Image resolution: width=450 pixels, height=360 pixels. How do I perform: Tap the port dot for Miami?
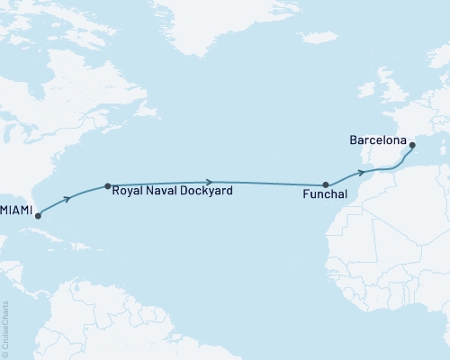coord(38,216)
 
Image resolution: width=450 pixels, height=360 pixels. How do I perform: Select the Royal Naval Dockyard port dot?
coord(108,187)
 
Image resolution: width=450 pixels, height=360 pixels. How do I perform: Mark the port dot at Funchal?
coord(327,185)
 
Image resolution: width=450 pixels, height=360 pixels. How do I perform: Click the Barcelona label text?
coord(375,141)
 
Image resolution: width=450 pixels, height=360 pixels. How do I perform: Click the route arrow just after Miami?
coord(68,197)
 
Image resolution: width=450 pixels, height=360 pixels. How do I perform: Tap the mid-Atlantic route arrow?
coord(210,182)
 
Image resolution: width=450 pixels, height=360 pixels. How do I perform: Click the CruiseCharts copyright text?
coord(5,328)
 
